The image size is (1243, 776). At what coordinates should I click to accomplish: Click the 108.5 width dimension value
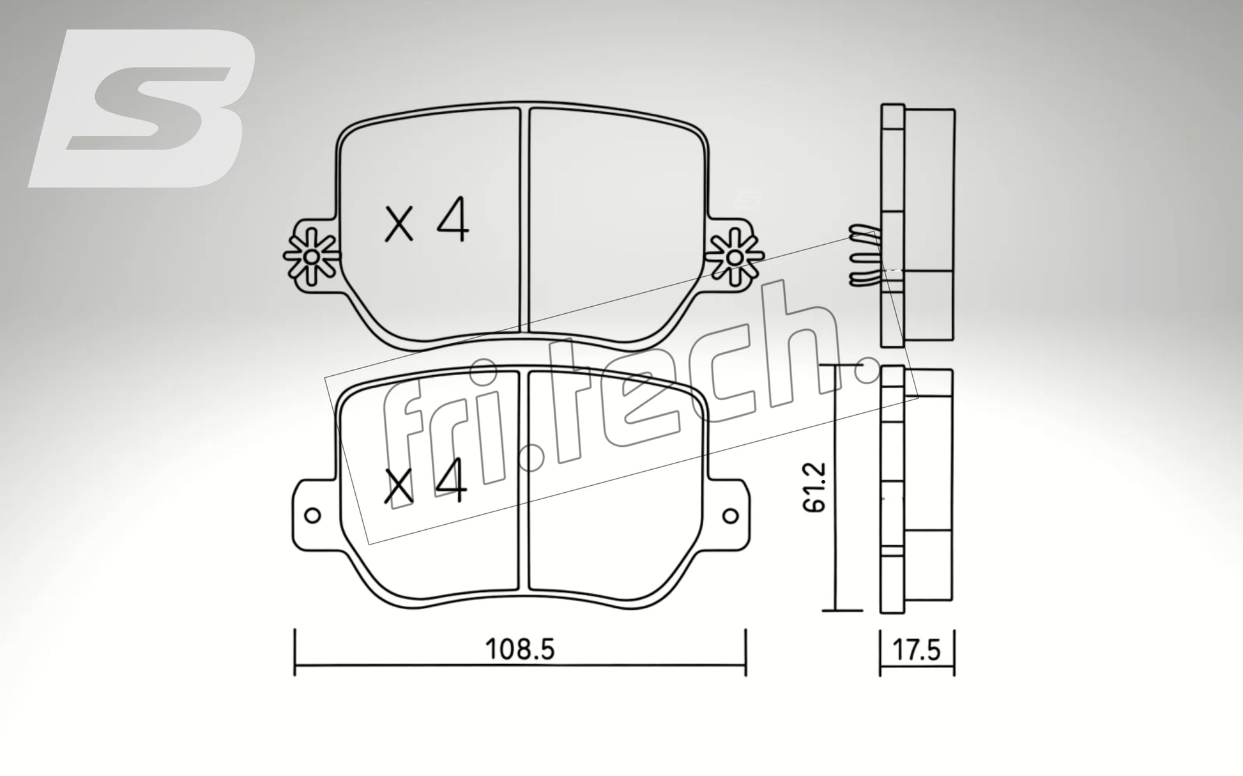tap(521, 649)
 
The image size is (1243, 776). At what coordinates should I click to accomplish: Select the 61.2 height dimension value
tap(815, 488)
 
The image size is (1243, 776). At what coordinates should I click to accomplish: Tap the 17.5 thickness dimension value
tap(917, 651)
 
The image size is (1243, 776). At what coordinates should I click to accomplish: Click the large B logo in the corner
tap(142, 108)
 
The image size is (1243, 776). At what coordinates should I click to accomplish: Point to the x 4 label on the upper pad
tap(427, 222)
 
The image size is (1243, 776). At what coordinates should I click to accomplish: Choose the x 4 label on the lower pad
tap(425, 484)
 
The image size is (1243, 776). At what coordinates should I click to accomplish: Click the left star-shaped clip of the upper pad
tap(311, 256)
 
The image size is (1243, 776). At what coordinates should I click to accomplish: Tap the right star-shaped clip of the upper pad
tap(735, 256)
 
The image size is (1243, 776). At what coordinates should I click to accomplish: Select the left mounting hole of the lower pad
tap(312, 515)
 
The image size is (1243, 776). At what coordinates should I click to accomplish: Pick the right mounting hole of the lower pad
tap(730, 515)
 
